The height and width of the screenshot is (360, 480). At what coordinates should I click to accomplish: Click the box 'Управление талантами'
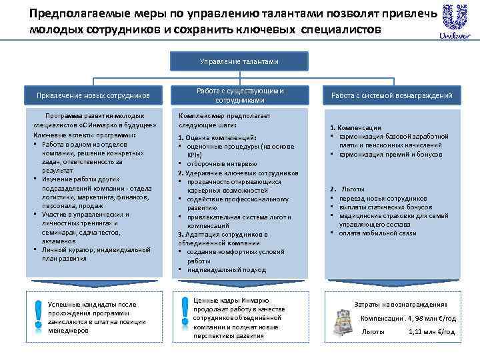click(x=239, y=61)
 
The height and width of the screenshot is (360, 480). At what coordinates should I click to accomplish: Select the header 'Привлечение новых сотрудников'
click(x=93, y=96)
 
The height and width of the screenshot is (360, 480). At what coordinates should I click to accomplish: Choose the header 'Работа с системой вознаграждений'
click(x=392, y=96)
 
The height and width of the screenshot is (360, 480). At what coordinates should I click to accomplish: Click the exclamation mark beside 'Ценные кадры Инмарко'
click(x=185, y=312)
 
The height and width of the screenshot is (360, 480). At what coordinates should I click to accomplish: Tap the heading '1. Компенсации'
click(x=359, y=127)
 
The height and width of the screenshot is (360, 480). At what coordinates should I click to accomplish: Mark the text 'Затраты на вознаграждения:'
click(x=401, y=303)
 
